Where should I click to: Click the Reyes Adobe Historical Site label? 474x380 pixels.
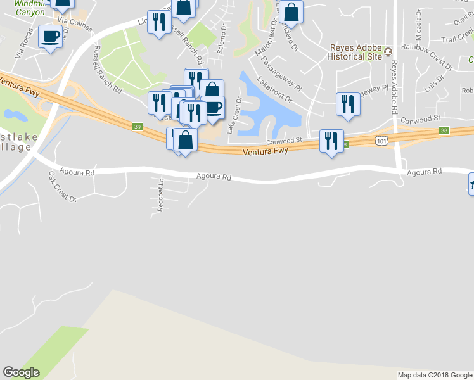tap(354, 52)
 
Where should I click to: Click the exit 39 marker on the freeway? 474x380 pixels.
tap(138, 127)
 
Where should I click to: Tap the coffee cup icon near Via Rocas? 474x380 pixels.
tap(51, 36)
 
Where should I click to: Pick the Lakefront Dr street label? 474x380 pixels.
tap(274, 91)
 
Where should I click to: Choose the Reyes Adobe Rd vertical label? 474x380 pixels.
tap(394, 87)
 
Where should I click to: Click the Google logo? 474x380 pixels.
tap(21, 372)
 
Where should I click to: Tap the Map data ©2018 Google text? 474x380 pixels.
tap(435, 375)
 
